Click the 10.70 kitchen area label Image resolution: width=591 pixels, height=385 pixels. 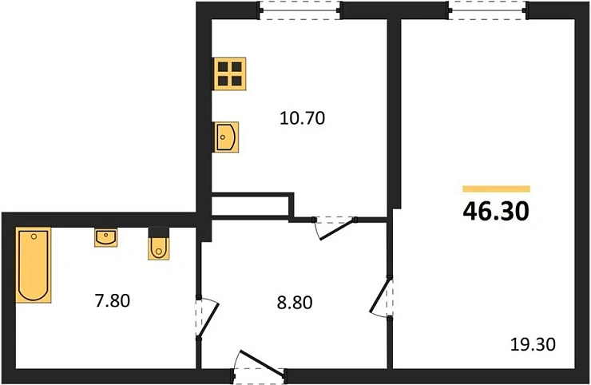pyautogui.click(x=302, y=118)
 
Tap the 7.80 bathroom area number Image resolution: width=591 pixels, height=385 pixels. pyautogui.click(x=113, y=301)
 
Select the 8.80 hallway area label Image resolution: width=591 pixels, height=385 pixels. pyautogui.click(x=295, y=303)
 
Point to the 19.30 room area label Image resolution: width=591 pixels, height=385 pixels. pyautogui.click(x=533, y=344)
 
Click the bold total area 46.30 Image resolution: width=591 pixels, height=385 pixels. pyautogui.click(x=496, y=211)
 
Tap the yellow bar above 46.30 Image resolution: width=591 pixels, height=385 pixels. pyautogui.click(x=497, y=189)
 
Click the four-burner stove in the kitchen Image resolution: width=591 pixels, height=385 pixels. pyautogui.click(x=229, y=74)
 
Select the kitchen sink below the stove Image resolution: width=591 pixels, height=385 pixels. pyautogui.click(x=226, y=137)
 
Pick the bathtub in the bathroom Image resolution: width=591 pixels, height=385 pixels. pyautogui.click(x=34, y=264)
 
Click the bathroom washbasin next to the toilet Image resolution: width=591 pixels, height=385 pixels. pyautogui.click(x=105, y=237)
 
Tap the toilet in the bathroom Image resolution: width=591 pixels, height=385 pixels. pyautogui.click(x=159, y=243)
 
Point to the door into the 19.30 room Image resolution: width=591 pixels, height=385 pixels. pyautogui.click(x=380, y=296)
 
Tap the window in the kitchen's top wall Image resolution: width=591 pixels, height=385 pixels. pyautogui.click(x=299, y=10)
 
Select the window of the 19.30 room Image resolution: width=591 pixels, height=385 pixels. pyautogui.click(x=488, y=10)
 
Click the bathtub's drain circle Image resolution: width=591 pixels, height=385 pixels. pyautogui.click(x=34, y=236)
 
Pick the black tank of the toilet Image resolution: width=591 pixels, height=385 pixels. pyautogui.click(x=159, y=232)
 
